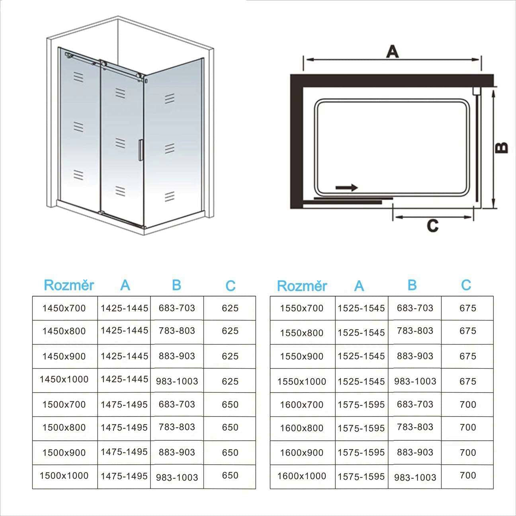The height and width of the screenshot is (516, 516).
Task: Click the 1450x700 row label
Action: pos(64,308)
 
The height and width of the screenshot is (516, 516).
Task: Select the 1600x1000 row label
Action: pos(301,476)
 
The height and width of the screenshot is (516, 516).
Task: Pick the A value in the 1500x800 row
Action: pos(124,428)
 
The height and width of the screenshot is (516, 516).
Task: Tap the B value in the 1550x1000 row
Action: pos(415,381)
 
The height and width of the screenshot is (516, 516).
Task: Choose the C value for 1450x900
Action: pos(230,356)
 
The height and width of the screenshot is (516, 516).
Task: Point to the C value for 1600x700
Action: pos(467,405)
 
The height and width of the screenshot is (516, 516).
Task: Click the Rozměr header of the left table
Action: pos(68,285)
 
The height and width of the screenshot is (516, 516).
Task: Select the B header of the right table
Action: pos(412,285)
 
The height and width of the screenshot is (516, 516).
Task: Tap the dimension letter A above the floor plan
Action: pos(392,51)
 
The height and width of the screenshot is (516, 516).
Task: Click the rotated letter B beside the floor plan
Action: pos(502,148)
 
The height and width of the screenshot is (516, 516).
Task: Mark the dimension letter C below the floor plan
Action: pos(432,226)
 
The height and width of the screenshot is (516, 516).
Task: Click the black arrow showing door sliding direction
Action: pos(346,188)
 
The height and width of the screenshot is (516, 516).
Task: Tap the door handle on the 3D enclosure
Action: pos(140,150)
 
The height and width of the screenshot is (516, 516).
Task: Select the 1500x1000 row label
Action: pos(64,475)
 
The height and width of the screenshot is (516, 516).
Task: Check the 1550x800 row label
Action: pos(301,333)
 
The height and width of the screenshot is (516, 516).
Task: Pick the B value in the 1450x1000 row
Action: pos(177,381)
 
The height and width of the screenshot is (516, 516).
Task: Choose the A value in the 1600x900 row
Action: pos(361,453)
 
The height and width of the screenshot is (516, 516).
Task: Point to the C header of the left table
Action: pos(230,285)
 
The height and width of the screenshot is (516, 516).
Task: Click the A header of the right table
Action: pos(359,286)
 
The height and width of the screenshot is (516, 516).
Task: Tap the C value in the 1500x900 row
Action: pos(230,453)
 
